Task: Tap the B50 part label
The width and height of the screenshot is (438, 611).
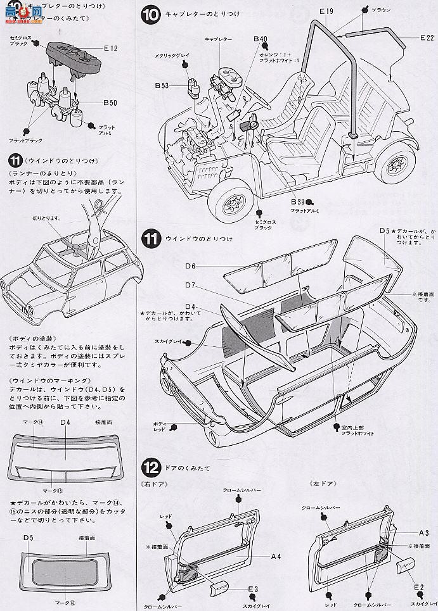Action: click(110, 103)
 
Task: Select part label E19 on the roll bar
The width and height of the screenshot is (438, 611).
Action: click(326, 11)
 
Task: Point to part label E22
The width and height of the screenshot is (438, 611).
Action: click(426, 38)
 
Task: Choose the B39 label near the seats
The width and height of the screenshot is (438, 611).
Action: click(297, 202)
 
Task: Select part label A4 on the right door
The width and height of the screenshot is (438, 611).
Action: click(276, 557)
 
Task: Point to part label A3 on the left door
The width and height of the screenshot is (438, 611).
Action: click(424, 533)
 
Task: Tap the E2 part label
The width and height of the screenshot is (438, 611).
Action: click(419, 586)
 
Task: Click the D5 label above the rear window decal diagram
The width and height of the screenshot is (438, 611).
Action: click(28, 538)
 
